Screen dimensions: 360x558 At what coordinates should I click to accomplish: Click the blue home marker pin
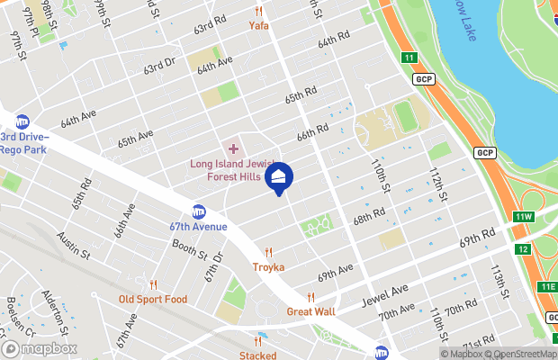[279, 178]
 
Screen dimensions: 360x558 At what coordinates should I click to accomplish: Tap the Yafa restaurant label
[259, 26]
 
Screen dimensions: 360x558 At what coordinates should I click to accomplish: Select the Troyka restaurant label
[267, 267]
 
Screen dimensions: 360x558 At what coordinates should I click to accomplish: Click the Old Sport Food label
[153, 298]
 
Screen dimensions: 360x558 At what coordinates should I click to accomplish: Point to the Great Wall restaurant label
[310, 311]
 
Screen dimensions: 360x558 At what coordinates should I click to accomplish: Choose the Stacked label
[257, 355]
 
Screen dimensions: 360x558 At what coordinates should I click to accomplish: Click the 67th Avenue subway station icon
[199, 212]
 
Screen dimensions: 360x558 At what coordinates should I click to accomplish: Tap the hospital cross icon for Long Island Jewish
[233, 148]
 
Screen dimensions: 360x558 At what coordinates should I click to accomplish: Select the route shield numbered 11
[410, 58]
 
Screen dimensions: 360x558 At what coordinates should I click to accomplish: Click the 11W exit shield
[523, 217]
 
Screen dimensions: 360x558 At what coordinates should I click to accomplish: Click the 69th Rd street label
[478, 238]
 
